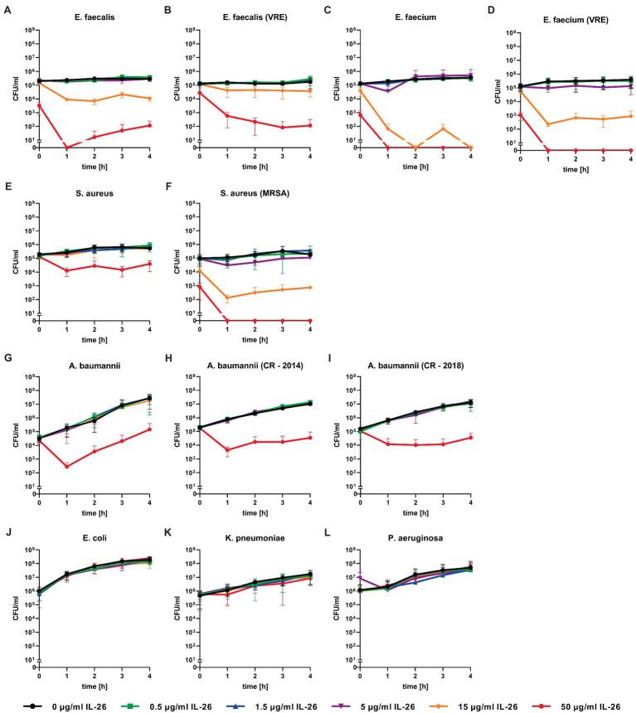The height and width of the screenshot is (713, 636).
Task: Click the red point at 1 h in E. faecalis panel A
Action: tap(66, 148)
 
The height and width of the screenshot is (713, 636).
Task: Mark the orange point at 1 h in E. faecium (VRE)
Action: tap(548, 124)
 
